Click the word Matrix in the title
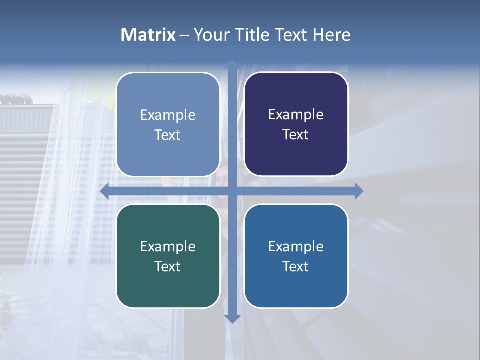[148, 35]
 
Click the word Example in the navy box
[296, 114]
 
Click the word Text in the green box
[167, 266]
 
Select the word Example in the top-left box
[168, 115]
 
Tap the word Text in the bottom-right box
[295, 266]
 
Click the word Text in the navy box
[295, 134]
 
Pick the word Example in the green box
[168, 246]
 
